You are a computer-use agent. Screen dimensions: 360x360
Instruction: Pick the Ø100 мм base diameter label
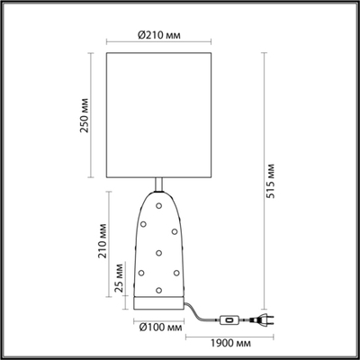coord(161,328)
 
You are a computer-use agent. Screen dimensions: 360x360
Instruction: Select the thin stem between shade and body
coord(160,184)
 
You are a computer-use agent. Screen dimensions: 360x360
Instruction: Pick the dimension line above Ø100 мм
coord(160,317)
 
